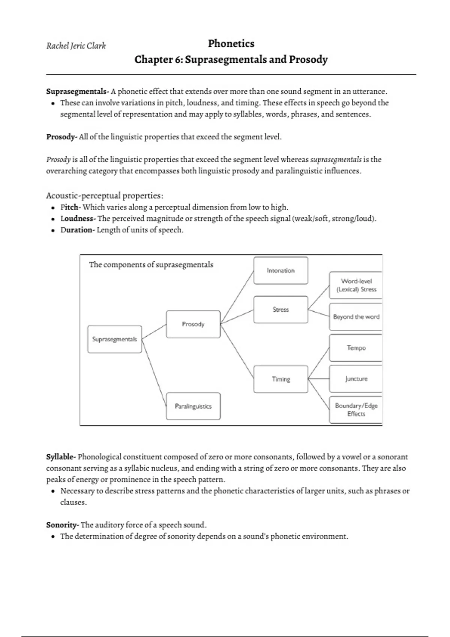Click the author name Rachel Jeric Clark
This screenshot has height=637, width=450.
pyautogui.click(x=76, y=46)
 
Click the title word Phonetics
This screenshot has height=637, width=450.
pyautogui.click(x=231, y=43)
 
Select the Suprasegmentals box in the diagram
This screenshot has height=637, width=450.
pyautogui.click(x=115, y=339)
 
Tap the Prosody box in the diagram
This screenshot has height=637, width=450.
pyautogui.click(x=193, y=324)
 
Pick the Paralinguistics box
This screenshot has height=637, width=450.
pyautogui.click(x=193, y=406)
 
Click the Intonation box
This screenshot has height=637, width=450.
pyautogui.click(x=280, y=271)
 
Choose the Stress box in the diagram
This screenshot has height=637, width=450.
pyautogui.click(x=280, y=310)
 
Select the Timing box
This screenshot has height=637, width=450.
pyautogui.click(x=280, y=379)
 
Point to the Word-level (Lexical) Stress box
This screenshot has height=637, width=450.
pyautogui.click(x=356, y=285)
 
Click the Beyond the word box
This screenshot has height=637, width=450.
pyautogui.click(x=356, y=317)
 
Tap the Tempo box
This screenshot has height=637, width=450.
pyautogui.click(x=356, y=348)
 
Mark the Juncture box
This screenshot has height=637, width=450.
pyautogui.click(x=356, y=379)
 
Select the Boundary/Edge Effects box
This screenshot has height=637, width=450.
pyautogui.click(x=356, y=410)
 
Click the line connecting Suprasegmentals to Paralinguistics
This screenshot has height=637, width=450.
pyautogui.click(x=154, y=373)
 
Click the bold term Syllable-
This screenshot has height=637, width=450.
pyautogui.click(x=61, y=457)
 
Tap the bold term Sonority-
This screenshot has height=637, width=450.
pyautogui.click(x=62, y=525)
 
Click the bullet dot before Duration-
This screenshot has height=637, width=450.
pyautogui.click(x=53, y=230)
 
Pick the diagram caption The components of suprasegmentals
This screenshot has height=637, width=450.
pyautogui.click(x=151, y=265)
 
